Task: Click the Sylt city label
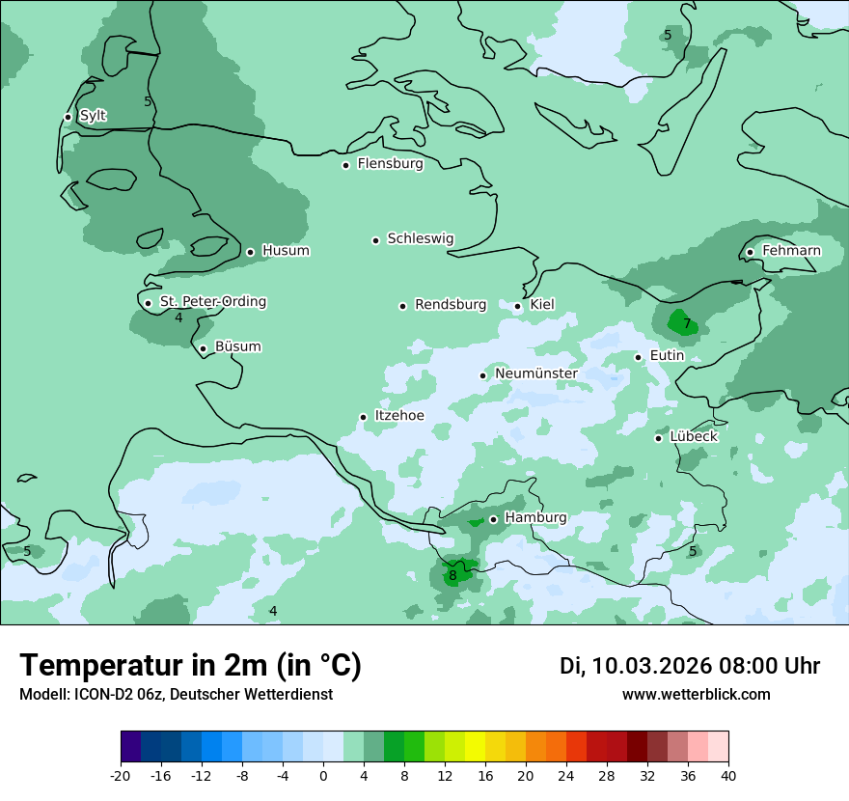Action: coord(93,116)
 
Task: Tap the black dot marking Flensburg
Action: coord(345,165)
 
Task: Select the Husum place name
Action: coord(286,251)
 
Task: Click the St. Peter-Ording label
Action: coord(212,302)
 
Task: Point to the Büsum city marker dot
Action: coord(203,348)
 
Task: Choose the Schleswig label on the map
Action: coord(420,238)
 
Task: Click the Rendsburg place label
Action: coord(451,305)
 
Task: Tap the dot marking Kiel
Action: coord(518,306)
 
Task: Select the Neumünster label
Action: coord(536,373)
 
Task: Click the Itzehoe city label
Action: coord(398,416)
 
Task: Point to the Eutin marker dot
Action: coord(638,357)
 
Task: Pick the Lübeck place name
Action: coord(693,437)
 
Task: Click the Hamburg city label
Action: coord(535,517)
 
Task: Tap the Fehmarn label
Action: coord(791,251)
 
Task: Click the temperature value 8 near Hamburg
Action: coord(452,576)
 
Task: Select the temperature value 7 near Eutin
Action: coord(687,323)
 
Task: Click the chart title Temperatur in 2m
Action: coord(190,665)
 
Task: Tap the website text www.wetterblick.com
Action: coord(696,695)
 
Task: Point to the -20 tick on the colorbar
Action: coord(121,776)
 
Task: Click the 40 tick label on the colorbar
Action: coord(727,776)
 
